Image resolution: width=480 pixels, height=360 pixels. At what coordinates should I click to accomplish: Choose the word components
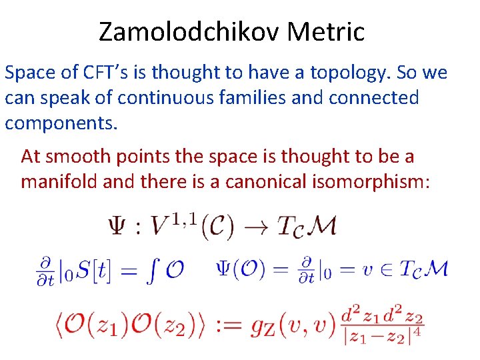click(60, 123)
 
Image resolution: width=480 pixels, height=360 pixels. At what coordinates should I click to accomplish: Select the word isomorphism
click(375, 181)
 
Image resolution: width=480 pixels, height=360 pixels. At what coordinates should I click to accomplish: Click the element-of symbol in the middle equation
click(389, 270)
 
